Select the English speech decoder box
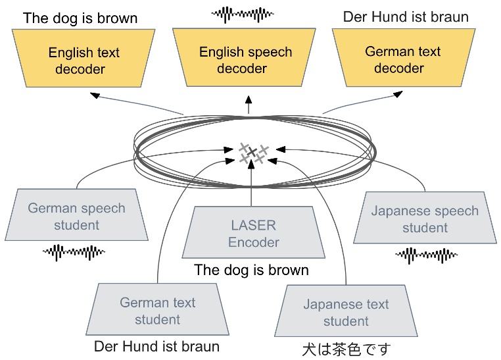click(x=246, y=60)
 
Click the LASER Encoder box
click(x=253, y=234)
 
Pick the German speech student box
click(x=76, y=217)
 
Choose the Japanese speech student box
click(x=425, y=219)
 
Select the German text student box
click(x=157, y=311)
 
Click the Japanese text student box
click(x=346, y=313)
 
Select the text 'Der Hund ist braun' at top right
click(x=406, y=16)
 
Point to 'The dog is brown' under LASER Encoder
click(x=251, y=270)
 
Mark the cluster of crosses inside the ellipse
click(x=252, y=153)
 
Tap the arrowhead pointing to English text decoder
click(x=95, y=96)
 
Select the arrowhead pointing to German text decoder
click(x=397, y=96)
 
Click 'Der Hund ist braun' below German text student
click(x=156, y=346)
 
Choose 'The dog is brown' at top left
click(x=80, y=18)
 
